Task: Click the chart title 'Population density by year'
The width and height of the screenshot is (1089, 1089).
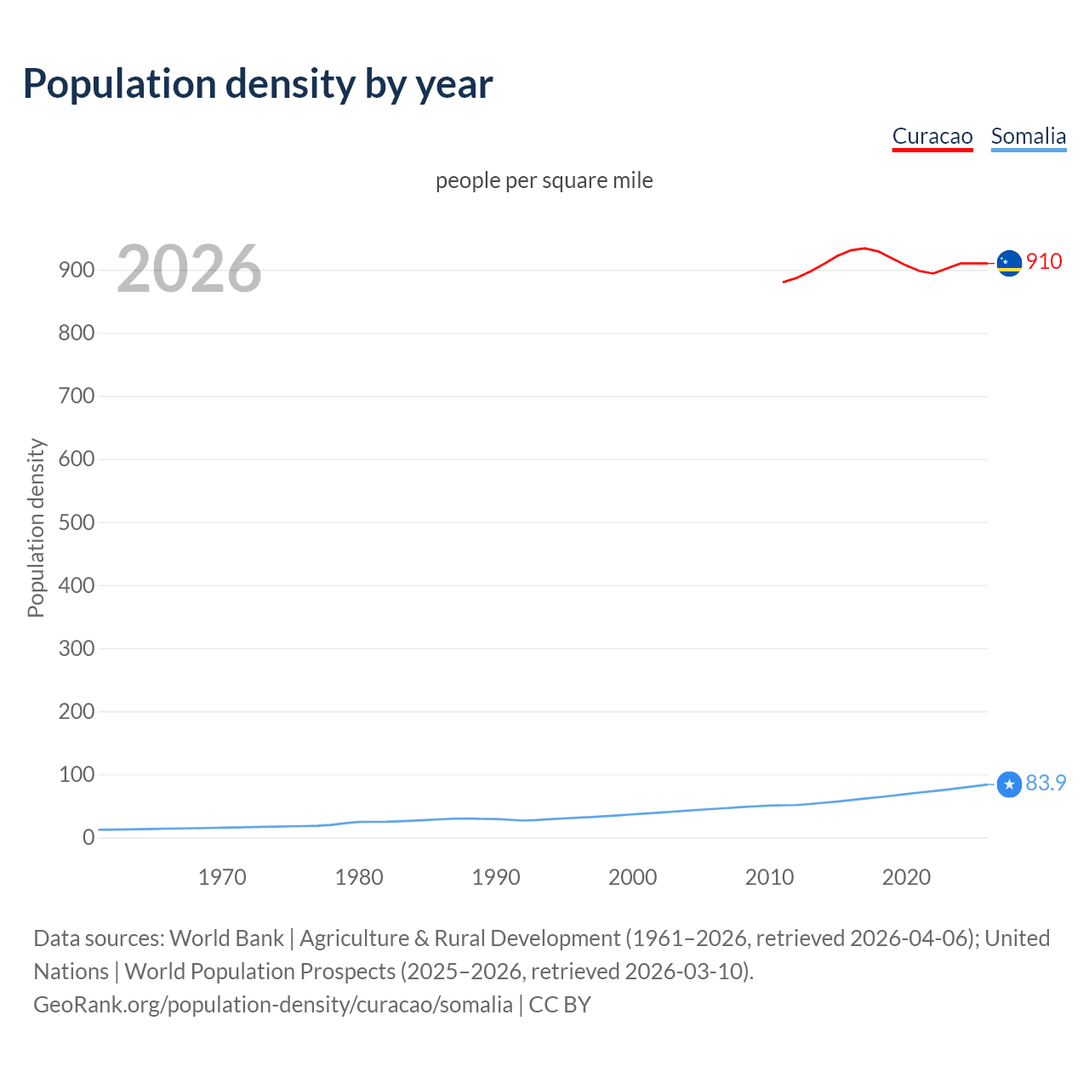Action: pyautogui.click(x=258, y=84)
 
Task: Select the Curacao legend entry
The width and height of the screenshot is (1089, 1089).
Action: pyautogui.click(x=932, y=136)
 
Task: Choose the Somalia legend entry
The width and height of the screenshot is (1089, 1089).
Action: pyautogui.click(x=1028, y=136)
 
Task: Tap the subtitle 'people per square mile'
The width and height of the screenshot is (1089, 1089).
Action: pyautogui.click(x=544, y=180)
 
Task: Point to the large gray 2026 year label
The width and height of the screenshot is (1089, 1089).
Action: pyautogui.click(x=189, y=269)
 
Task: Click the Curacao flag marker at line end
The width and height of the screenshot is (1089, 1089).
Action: pyautogui.click(x=1009, y=264)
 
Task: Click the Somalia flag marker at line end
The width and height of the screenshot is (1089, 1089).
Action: pyautogui.click(x=1009, y=784)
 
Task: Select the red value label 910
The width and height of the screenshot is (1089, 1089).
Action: pyautogui.click(x=1044, y=261)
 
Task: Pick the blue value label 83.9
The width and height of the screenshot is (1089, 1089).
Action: pyautogui.click(x=1046, y=783)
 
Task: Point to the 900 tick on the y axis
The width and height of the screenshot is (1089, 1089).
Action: pyautogui.click(x=77, y=270)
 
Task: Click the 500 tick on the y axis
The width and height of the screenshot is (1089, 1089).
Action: pyautogui.click(x=77, y=522)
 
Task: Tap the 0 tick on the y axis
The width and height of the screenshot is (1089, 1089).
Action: pyautogui.click(x=88, y=838)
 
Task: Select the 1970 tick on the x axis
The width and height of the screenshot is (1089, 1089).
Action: pyautogui.click(x=222, y=877)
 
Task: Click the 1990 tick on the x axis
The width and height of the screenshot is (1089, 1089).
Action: pyautogui.click(x=496, y=877)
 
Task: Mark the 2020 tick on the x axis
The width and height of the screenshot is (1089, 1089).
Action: pyautogui.click(x=906, y=877)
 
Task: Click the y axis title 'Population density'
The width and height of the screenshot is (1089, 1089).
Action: pyautogui.click(x=36, y=527)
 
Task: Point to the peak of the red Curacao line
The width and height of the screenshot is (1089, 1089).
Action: pyautogui.click(x=864, y=248)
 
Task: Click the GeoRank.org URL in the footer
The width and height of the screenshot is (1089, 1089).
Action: pyautogui.click(x=273, y=1005)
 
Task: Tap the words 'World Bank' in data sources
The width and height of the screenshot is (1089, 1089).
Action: pyautogui.click(x=226, y=938)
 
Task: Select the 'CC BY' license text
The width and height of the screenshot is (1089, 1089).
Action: pyautogui.click(x=560, y=1005)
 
